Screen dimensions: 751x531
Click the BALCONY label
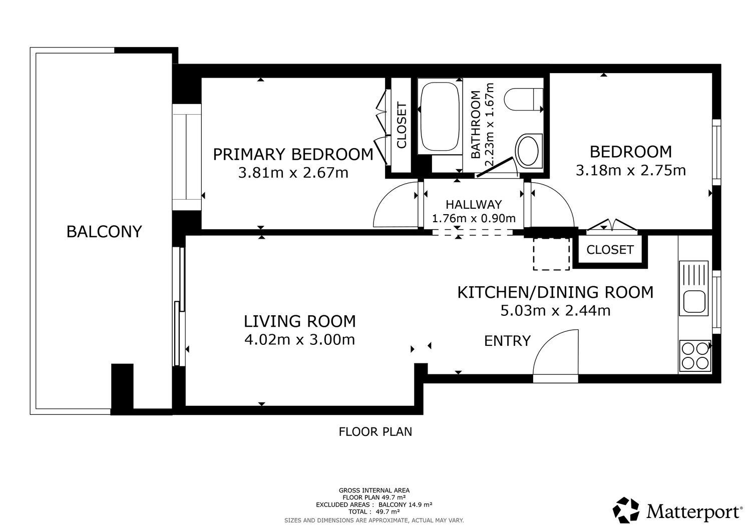(x=104, y=232)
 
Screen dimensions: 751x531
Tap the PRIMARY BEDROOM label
(x=293, y=155)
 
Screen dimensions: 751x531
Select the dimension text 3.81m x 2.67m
(x=293, y=173)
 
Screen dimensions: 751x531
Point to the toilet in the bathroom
(x=523, y=99)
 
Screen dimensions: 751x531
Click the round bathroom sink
(x=529, y=151)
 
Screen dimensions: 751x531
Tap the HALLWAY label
(x=474, y=205)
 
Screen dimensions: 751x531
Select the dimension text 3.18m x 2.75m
(x=631, y=170)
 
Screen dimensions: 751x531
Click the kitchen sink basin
(x=693, y=301)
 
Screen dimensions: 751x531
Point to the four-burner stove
(x=695, y=356)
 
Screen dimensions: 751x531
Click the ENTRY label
(x=507, y=341)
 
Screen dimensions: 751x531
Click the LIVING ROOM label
(x=300, y=321)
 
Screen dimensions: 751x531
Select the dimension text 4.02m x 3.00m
(x=300, y=340)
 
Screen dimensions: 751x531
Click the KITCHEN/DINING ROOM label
(x=556, y=292)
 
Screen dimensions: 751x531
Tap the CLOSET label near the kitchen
(x=610, y=250)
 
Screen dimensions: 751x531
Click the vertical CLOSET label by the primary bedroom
(x=402, y=125)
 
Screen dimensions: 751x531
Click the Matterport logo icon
(x=626, y=510)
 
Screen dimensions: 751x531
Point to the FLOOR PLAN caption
(x=375, y=432)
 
